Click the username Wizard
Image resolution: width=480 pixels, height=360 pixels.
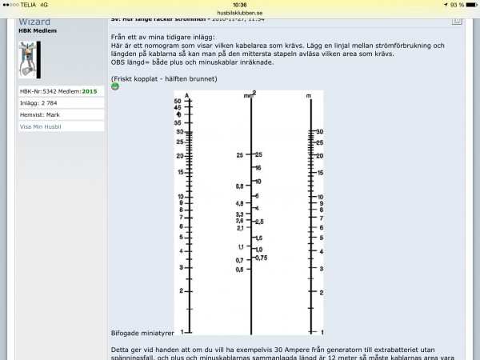35,22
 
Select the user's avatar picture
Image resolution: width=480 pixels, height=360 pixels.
29,59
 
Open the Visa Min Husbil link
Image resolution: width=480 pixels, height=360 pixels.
41,126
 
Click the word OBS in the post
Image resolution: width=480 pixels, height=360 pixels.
118,62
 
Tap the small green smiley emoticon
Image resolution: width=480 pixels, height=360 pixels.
114,86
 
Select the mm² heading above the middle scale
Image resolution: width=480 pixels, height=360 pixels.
250,94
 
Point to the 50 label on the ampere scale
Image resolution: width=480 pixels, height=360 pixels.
178,102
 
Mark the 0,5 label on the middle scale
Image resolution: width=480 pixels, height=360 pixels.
238,270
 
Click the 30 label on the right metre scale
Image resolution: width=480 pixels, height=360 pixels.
320,131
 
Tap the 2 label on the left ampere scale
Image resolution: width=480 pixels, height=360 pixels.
181,290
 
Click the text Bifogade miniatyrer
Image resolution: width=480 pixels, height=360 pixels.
142,332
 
